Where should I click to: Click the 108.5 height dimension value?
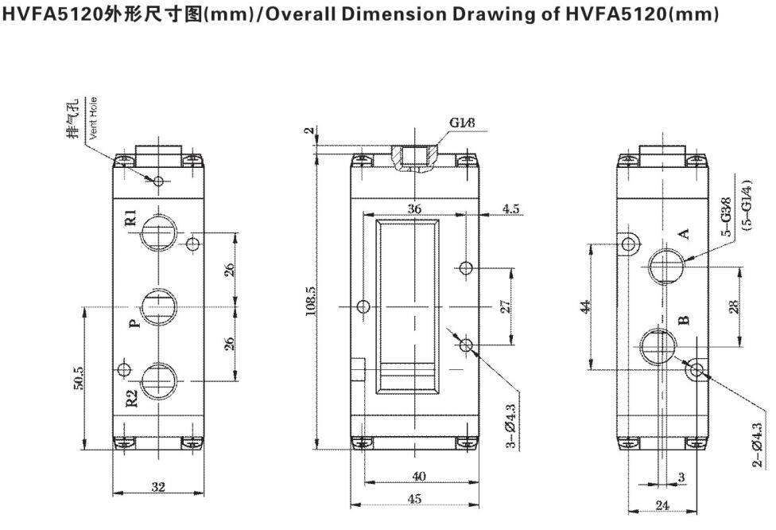pos(311,302)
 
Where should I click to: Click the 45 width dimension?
pos(414,498)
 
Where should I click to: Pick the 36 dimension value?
pos(414,208)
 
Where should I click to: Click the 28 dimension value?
pos(734,306)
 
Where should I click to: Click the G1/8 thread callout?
pos(464,123)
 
